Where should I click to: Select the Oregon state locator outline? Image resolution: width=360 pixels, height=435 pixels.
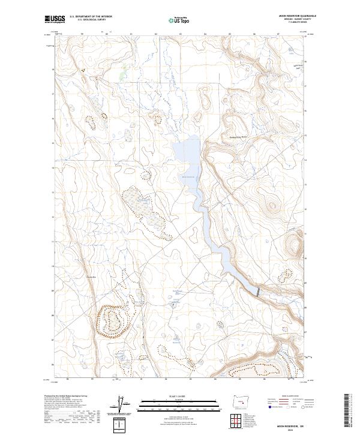point(240,401)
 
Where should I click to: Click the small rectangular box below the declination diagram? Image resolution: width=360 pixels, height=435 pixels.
point(124,424)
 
